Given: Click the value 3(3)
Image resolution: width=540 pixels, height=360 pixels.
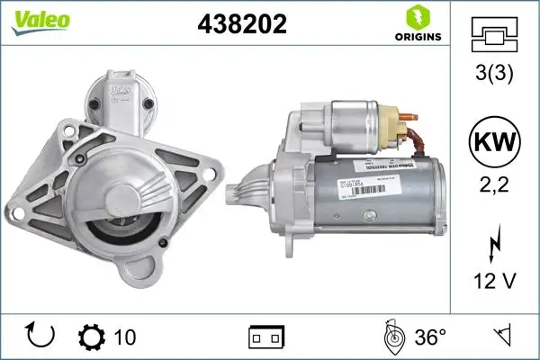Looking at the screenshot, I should click(494, 75).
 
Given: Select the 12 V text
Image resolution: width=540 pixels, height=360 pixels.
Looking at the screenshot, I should click(494, 282).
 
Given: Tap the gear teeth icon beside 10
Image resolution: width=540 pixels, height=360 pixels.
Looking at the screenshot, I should click(93, 337).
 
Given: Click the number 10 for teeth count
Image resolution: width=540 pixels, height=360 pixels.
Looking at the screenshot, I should click(125, 337).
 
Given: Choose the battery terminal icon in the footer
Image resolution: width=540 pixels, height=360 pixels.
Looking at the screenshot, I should click(265, 337).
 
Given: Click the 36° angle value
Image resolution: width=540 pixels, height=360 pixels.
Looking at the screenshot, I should click(430, 337).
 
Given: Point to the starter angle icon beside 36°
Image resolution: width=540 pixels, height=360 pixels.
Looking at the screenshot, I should click(392, 337).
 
